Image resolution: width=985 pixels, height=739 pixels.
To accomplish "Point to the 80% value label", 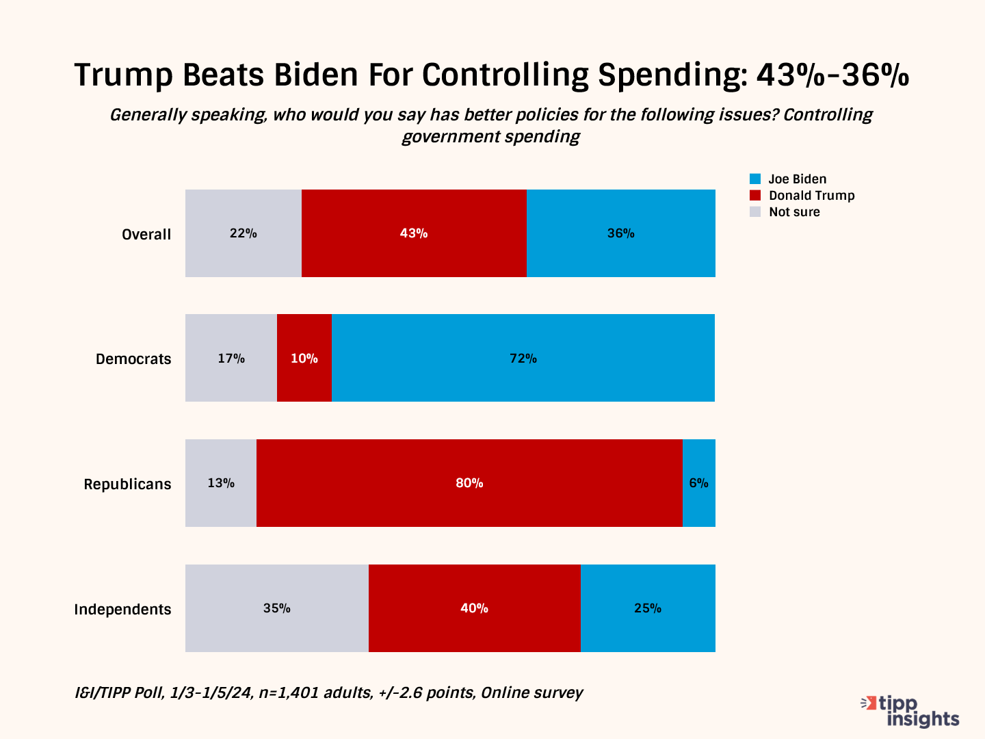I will coord(469,483).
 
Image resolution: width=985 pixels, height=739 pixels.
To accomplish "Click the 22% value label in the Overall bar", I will coord(244,233).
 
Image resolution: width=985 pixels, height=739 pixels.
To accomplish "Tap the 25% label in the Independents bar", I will coord(648,608).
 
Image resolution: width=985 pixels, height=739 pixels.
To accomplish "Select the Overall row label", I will coord(146,235).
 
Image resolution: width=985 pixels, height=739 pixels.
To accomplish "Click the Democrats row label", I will coord(133,359).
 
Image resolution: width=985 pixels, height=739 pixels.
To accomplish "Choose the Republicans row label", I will coord(127,484).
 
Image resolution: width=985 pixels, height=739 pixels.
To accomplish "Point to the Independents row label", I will coord(122,610).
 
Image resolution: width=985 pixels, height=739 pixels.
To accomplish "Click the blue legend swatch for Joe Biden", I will coord(755,179).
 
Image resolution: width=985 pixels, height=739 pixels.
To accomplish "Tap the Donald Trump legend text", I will coord(811,196).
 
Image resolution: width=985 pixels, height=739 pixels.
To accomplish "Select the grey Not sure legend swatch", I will coord(755,212).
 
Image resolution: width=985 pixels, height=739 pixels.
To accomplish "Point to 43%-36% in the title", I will coord(832,75).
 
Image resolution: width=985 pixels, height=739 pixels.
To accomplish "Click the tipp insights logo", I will coord(911,712).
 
